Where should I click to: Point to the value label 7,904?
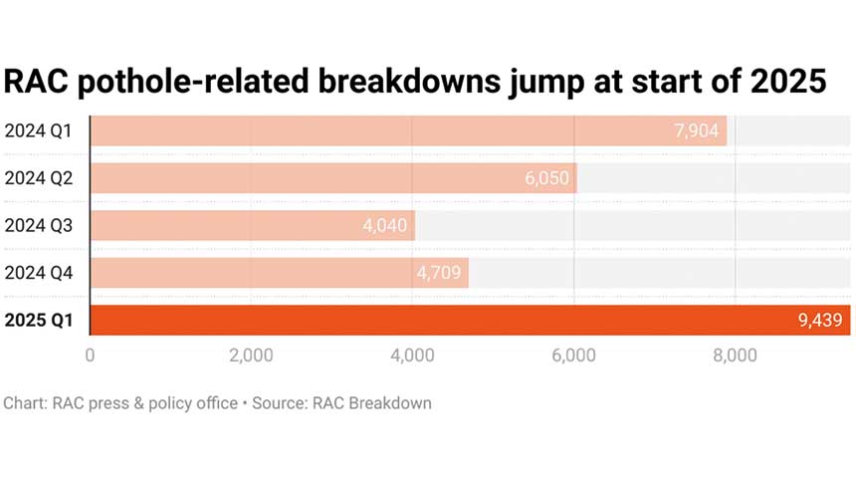click(x=696, y=130)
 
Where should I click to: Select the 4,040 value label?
click(x=384, y=225)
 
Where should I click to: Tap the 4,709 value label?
click(x=438, y=273)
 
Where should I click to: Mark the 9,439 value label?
click(x=819, y=320)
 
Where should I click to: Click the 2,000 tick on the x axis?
click(x=251, y=356)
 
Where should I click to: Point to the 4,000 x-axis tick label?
click(x=412, y=356)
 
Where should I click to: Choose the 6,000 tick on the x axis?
click(x=573, y=356)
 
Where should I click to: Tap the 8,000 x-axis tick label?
click(x=735, y=356)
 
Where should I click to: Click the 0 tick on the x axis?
click(x=91, y=356)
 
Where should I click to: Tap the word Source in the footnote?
click(x=278, y=403)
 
